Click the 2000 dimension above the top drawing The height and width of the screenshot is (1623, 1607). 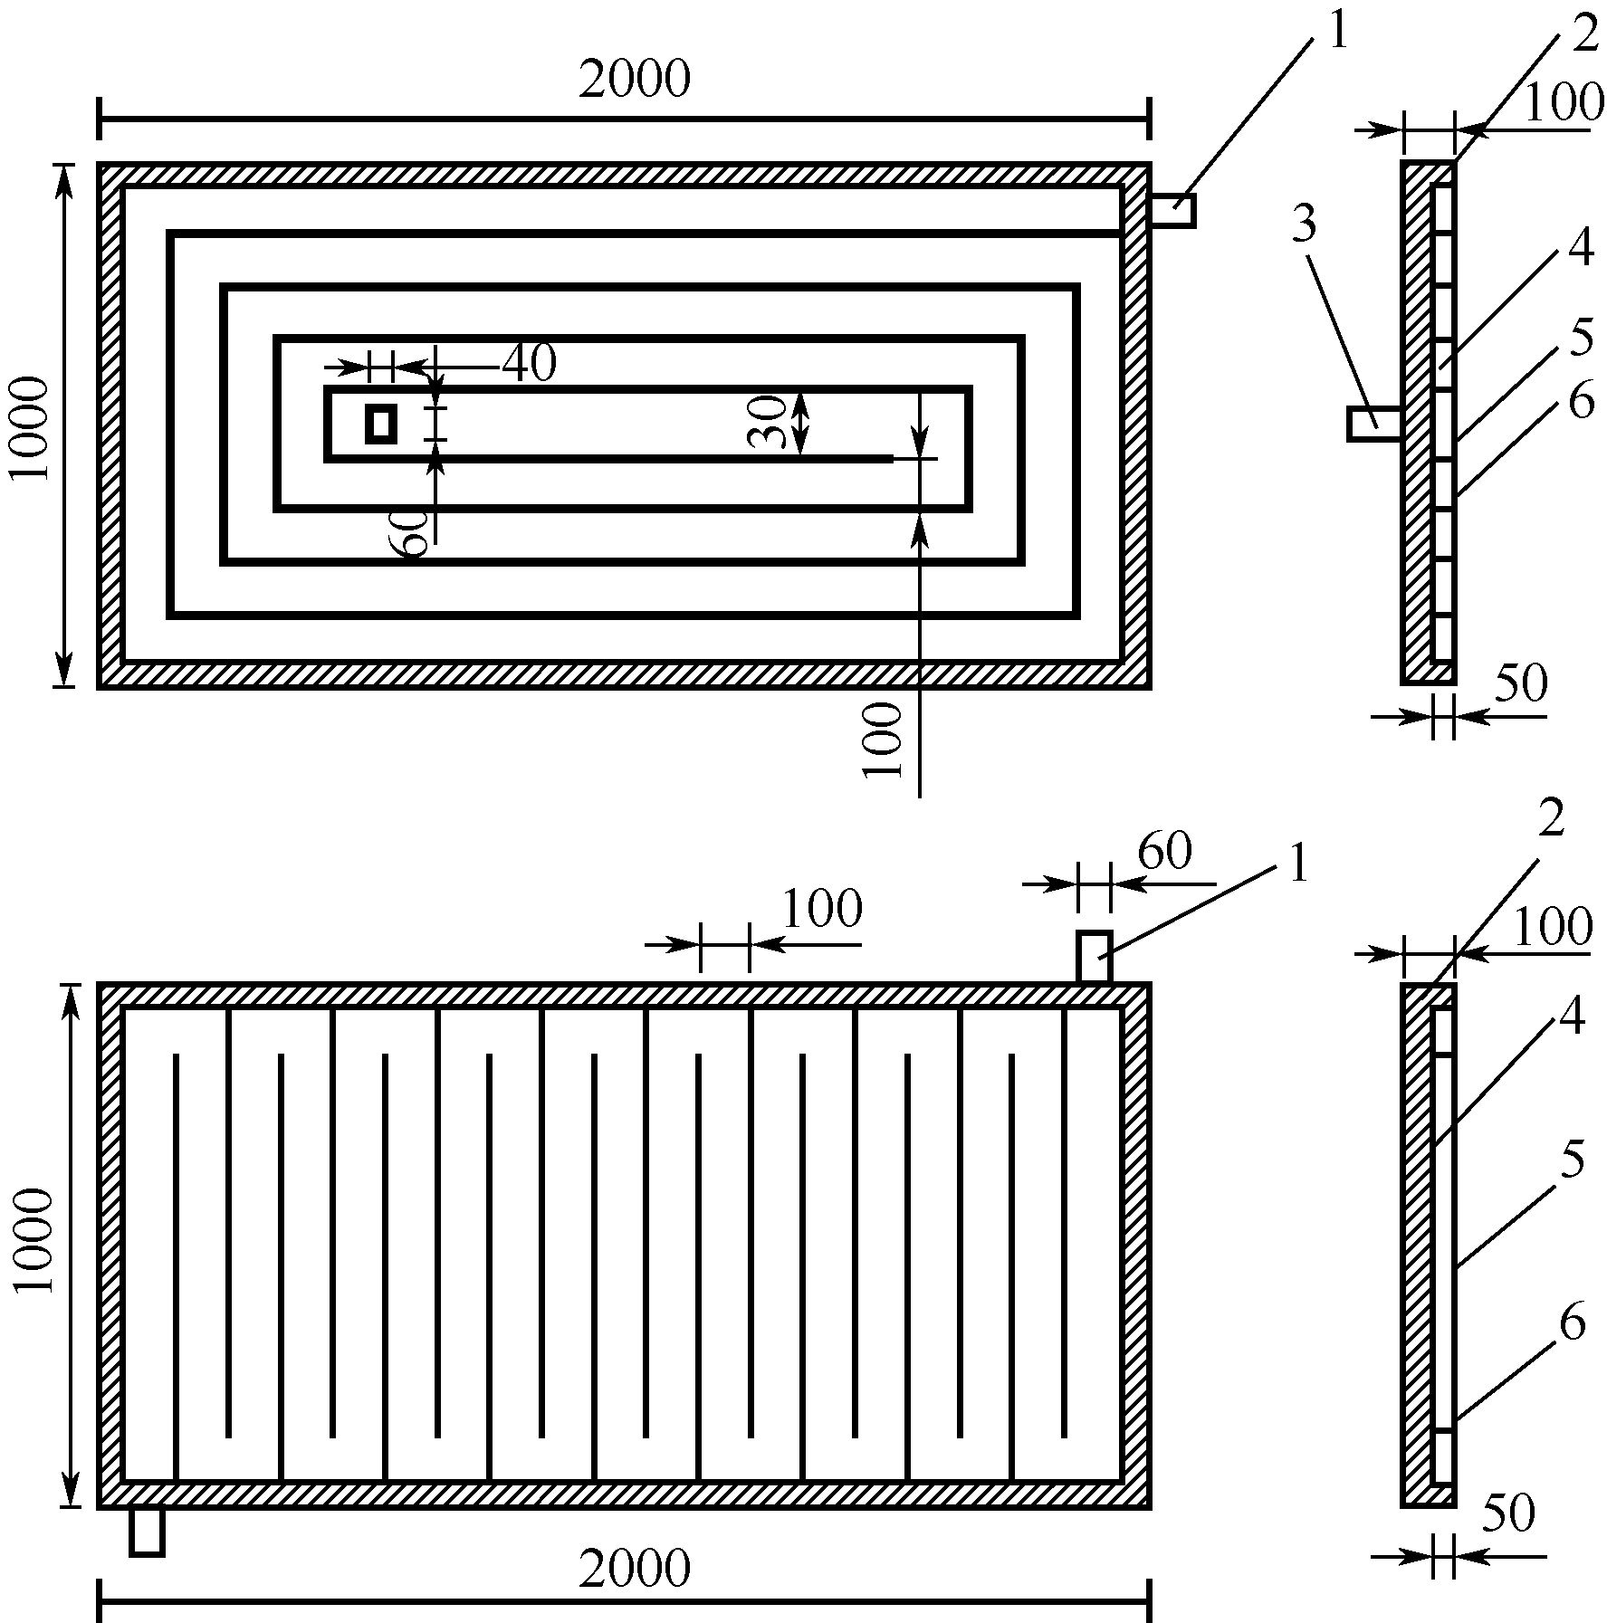click(635, 80)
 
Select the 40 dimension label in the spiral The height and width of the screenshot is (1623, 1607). click(530, 364)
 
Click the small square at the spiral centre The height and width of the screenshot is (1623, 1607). click(381, 424)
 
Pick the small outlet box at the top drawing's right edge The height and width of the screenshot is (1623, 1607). click(1172, 210)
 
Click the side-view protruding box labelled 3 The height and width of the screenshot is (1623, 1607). click(1374, 424)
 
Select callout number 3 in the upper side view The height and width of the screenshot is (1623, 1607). click(1303, 224)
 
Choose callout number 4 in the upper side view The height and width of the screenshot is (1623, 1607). click(1581, 249)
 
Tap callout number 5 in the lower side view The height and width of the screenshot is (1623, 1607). click(1573, 1160)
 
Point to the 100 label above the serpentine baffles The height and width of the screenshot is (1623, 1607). click(821, 909)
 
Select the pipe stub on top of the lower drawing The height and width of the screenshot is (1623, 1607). click(1094, 956)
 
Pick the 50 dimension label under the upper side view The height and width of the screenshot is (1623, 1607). click(1521, 684)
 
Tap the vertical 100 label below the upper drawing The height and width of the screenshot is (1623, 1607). click(884, 740)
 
